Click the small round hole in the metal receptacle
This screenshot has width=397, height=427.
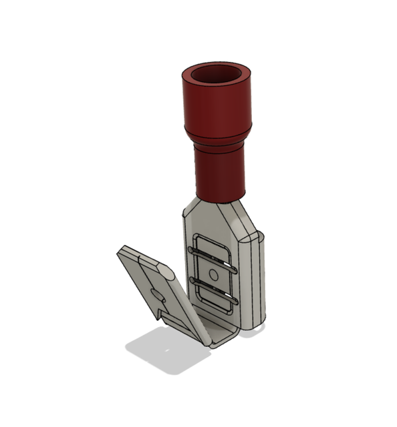[x=213, y=274]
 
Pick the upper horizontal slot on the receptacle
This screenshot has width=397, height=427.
[x=213, y=252]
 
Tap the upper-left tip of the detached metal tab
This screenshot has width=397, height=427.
[x=123, y=250]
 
